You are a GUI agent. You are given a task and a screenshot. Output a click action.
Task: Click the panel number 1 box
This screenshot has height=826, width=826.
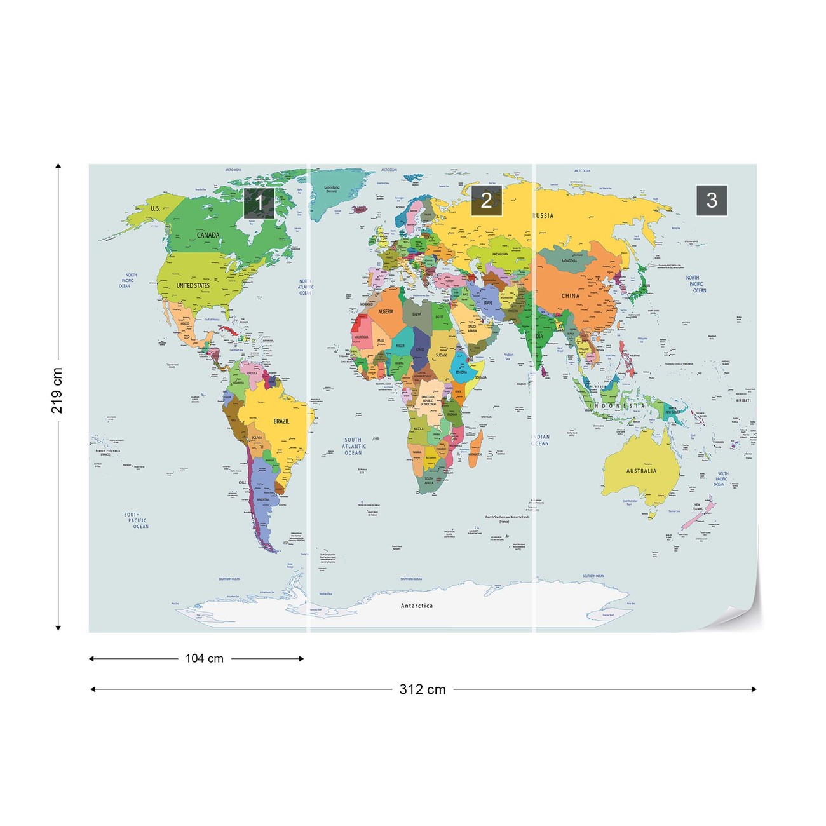pos(259,203)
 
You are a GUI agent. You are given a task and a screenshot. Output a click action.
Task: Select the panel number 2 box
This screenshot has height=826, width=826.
pos(486,201)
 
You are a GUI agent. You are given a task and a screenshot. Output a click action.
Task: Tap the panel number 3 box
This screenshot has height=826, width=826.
pos(712,200)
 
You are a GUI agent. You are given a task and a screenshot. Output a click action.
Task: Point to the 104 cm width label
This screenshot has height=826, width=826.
pos(204,659)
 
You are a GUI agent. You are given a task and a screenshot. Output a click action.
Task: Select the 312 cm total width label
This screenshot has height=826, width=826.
pos(423,689)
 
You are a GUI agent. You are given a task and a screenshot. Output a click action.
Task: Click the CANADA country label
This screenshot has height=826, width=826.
pos(208,235)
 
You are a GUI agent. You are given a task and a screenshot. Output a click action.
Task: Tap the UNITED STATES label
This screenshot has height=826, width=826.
pos(193,286)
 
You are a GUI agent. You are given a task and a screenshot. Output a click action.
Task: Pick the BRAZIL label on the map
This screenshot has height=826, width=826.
pos(281,421)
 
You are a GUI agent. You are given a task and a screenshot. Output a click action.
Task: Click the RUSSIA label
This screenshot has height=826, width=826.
pos(543,216)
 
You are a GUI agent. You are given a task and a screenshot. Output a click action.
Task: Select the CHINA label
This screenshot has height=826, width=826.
pos(571,296)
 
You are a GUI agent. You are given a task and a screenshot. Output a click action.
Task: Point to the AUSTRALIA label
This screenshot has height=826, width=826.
pos(641,471)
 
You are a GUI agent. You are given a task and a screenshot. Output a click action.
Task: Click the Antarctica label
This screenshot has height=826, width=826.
pos(417,606)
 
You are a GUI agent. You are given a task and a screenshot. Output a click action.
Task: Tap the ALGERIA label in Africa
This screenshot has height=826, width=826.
pos(386,312)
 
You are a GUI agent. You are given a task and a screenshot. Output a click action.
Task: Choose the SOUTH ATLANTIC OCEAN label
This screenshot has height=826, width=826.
pos(354,446)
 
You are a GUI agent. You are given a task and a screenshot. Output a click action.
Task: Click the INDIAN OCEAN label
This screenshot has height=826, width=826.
pos(540,440)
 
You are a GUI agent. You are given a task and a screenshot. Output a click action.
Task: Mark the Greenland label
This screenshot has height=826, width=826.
pos(332,188)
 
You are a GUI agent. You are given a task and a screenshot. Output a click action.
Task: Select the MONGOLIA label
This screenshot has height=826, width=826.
pos(569,261)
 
